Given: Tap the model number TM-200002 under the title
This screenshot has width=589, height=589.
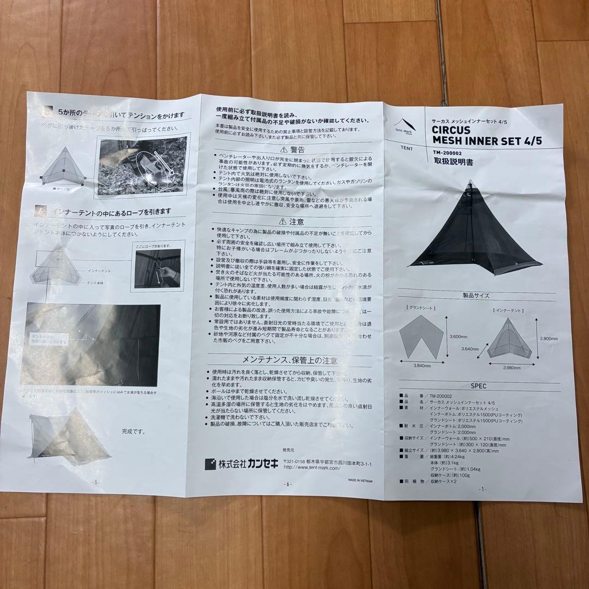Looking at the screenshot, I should (x=449, y=152).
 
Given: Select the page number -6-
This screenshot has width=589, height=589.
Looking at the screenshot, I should (x=288, y=484).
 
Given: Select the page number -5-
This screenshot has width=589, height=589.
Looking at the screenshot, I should (x=96, y=482).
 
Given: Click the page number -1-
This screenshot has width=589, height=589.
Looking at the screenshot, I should (x=481, y=489).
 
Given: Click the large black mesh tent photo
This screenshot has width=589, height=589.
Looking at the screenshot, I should (x=474, y=229).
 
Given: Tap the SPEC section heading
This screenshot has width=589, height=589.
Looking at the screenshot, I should (x=478, y=384).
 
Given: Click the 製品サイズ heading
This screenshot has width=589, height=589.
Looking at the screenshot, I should (x=476, y=296).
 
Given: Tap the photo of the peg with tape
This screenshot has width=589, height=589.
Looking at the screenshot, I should (x=142, y=166).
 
